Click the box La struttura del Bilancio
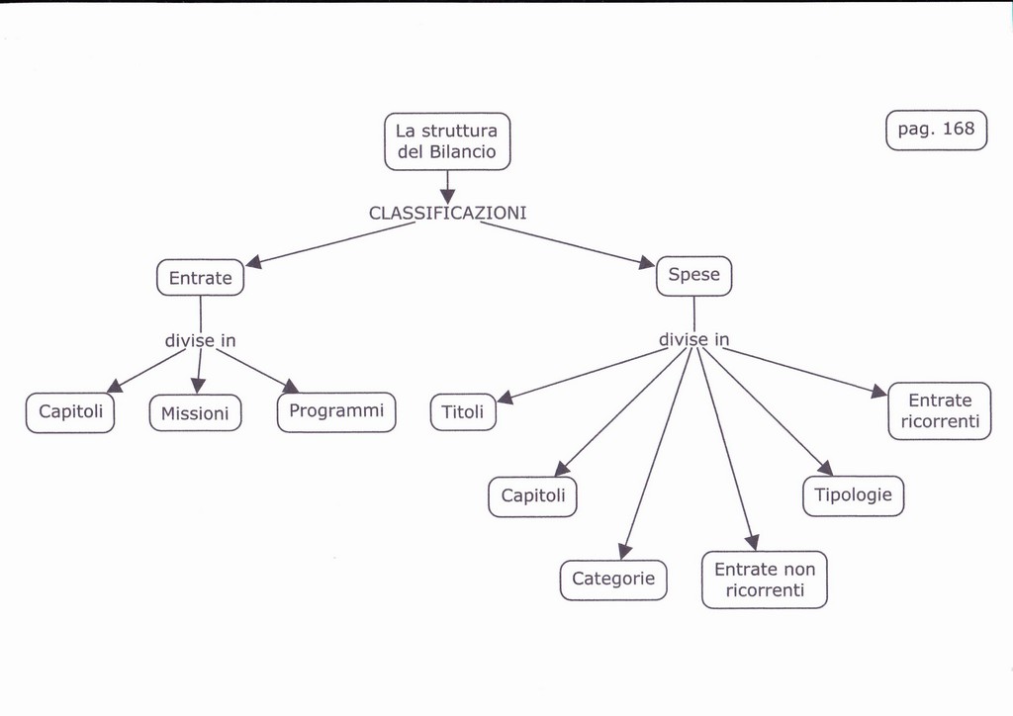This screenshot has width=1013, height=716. [447, 141]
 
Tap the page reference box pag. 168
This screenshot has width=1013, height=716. [936, 130]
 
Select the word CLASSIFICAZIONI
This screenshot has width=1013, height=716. [447, 213]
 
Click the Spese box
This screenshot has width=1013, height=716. [693, 276]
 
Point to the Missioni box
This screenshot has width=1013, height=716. [195, 413]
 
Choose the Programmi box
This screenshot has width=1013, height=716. [336, 411]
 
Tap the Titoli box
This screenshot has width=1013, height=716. [463, 412]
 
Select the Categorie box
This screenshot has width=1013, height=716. [613, 580]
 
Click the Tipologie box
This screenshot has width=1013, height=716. [853, 495]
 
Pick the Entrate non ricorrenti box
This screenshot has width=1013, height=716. [765, 580]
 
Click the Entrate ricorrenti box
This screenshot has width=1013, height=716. [940, 411]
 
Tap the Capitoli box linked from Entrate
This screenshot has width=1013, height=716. [70, 412]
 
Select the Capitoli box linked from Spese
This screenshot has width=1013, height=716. [532, 496]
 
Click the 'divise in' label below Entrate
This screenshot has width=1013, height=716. [200, 341]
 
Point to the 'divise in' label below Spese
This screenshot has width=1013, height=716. [693, 340]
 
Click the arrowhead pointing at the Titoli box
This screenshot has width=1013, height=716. [505, 398]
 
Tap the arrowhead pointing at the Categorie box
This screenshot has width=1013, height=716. [625, 551]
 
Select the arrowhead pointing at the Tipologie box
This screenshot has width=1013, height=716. [825, 468]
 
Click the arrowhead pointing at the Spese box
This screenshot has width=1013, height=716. [647, 263]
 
